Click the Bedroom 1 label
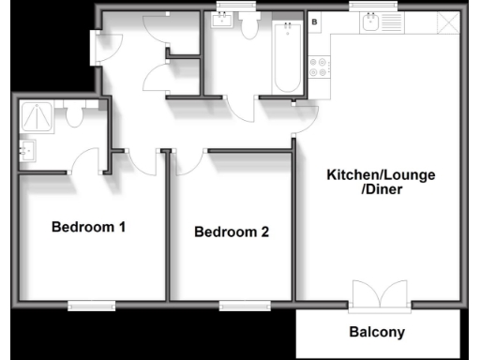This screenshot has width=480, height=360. [89, 227]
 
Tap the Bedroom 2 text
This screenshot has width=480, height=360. [232, 232]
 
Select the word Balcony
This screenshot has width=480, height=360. [377, 332]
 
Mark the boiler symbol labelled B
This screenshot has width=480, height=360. [314, 21]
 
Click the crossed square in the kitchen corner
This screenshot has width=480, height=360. [450, 22]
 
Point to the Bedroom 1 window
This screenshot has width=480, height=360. [91, 304]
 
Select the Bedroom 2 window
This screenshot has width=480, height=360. [245, 304]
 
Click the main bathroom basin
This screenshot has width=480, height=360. [222, 23]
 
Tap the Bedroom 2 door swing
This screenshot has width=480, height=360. [185, 161]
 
